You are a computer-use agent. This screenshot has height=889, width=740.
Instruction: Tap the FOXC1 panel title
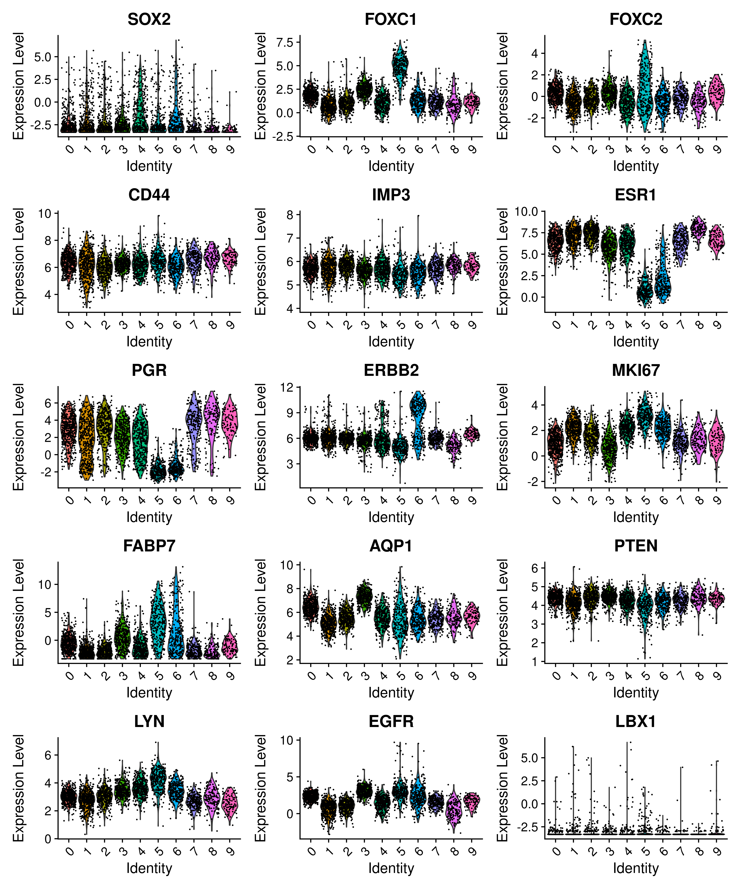(391, 20)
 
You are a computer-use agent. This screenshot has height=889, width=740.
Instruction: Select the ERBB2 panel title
(391, 370)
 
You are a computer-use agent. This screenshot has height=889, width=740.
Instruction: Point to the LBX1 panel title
(636, 721)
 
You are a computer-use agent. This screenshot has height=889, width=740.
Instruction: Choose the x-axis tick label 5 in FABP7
(159, 676)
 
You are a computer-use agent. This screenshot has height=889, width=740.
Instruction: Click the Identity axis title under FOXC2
(636, 166)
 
